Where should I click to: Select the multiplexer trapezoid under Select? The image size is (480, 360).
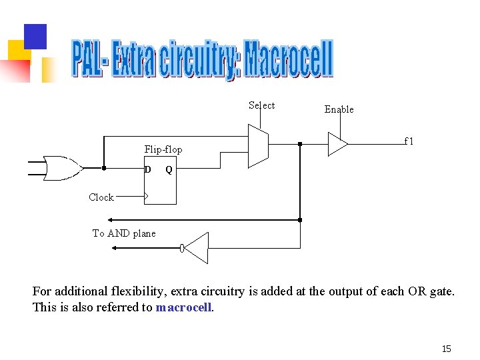257,145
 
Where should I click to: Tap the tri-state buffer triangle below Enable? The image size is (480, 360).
337,143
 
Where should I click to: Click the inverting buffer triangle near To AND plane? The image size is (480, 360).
197,248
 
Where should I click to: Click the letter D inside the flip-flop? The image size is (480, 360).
148,169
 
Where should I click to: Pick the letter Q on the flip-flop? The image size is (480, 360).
169,169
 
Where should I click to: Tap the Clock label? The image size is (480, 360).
101,197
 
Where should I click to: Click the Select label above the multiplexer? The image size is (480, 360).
261,105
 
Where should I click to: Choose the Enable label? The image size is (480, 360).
339,109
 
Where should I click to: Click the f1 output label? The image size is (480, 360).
409,141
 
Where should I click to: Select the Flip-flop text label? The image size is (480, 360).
163,149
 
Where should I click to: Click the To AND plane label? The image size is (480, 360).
124,233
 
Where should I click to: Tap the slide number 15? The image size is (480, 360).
447,349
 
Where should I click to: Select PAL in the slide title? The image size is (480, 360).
87,60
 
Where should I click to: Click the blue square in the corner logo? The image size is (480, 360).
35,37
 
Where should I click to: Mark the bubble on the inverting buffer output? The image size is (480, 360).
182,248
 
